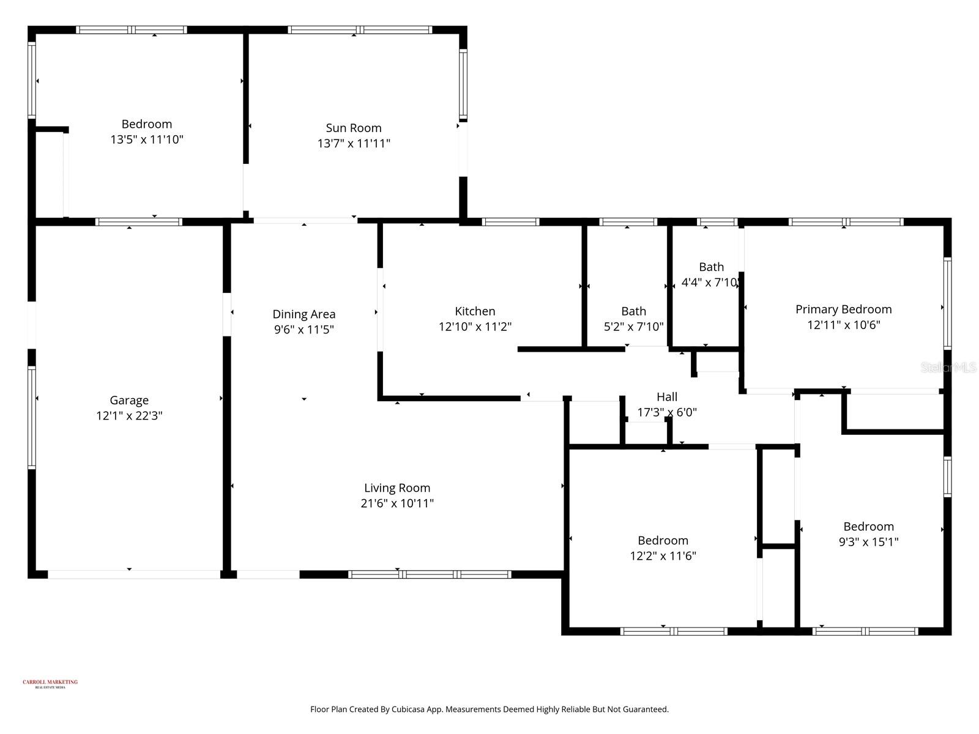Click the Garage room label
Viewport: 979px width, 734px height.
[129, 400]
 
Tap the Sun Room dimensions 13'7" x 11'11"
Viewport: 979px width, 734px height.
[354, 144]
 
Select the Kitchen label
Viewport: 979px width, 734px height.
[475, 311]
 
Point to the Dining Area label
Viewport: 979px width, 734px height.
[304, 314]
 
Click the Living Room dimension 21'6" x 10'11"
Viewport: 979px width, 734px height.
[397, 503]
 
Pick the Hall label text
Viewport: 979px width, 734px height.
[667, 397]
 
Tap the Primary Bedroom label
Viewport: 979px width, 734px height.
[843, 310]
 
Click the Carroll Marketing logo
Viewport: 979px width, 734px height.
[50, 683]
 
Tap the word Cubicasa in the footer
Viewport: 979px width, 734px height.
[411, 710]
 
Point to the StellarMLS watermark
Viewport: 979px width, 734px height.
[948, 368]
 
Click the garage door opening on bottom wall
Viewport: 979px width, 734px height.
[133, 574]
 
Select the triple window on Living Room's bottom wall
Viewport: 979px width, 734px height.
[430, 574]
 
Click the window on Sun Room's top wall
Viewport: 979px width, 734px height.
[360, 29]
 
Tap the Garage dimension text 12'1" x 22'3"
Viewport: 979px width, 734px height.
[129, 416]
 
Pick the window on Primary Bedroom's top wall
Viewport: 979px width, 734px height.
[846, 222]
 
